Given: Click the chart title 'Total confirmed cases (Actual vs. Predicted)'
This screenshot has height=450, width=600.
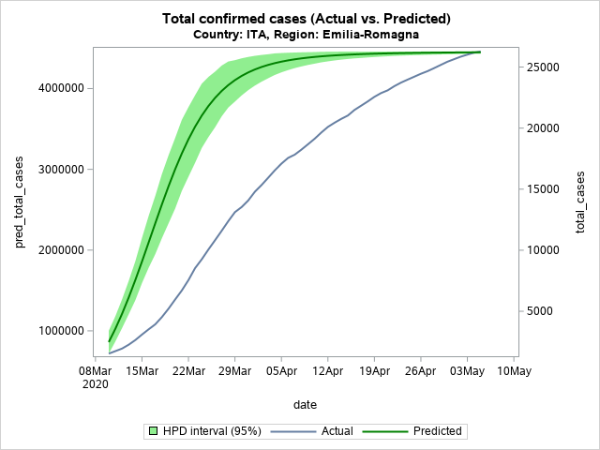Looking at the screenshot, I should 307,19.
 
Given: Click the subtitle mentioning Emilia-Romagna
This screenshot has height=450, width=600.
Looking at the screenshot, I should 307,35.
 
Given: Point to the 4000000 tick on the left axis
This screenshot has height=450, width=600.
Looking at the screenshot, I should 56,88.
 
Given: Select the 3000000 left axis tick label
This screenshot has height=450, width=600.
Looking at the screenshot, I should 56,169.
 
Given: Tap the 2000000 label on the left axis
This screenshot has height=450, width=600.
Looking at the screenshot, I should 56,250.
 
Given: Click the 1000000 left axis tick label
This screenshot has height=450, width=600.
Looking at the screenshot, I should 56,331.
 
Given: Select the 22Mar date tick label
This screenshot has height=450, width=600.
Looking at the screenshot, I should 188,371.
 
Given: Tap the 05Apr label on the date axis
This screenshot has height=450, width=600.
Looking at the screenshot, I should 281,371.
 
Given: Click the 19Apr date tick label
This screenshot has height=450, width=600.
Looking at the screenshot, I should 374,371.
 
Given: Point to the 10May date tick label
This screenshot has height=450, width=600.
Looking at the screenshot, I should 514,371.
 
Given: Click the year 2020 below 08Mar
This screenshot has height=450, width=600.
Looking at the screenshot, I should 96,384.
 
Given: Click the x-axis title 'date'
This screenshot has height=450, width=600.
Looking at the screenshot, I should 305,405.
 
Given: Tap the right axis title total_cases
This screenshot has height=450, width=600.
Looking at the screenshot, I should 580,202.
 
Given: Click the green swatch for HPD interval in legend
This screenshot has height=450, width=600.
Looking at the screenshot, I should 151,431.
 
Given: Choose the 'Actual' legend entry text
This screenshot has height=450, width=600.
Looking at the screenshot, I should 337,431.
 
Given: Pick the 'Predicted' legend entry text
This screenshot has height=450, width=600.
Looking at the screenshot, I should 437,431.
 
